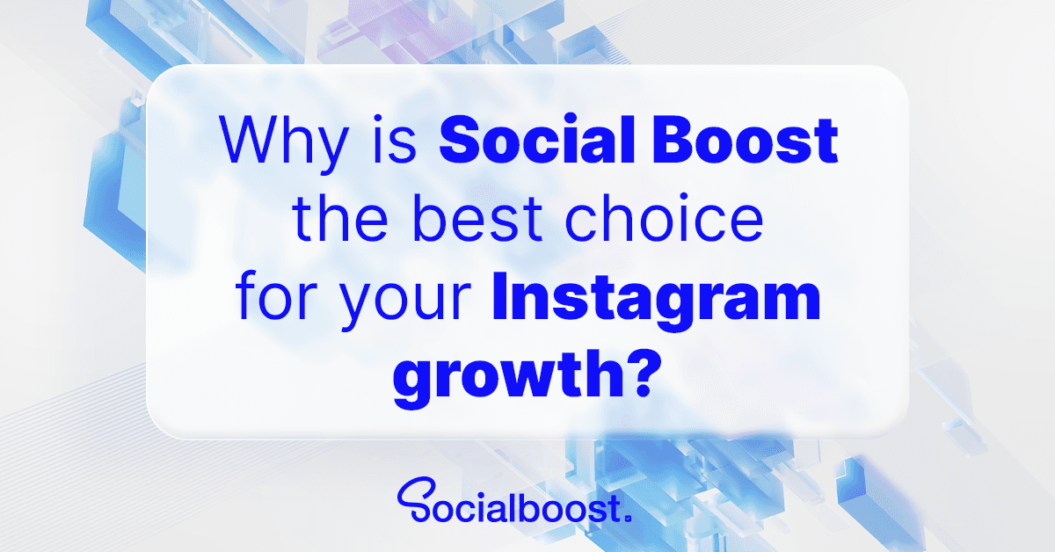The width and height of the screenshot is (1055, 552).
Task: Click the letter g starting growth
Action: pos(414,384)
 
